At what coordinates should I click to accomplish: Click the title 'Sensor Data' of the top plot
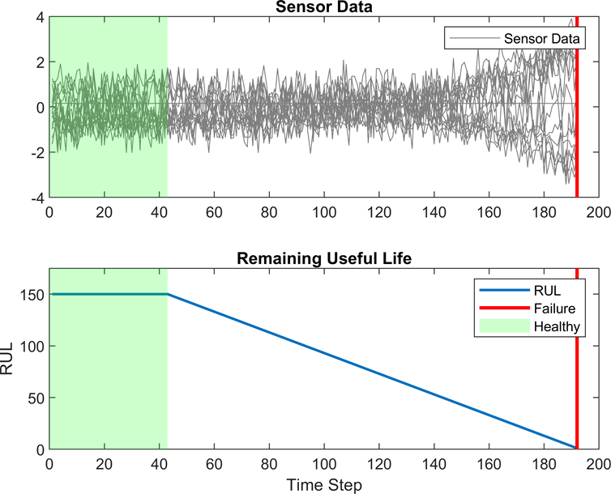(323, 7)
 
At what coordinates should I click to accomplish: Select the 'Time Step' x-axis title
(323, 483)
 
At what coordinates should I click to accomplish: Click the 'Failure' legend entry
(555, 309)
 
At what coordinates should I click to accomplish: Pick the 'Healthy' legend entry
(558, 326)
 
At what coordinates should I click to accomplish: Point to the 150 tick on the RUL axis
(33, 295)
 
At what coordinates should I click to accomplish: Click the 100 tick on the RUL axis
(33, 346)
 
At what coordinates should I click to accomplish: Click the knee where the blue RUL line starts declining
(168, 295)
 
